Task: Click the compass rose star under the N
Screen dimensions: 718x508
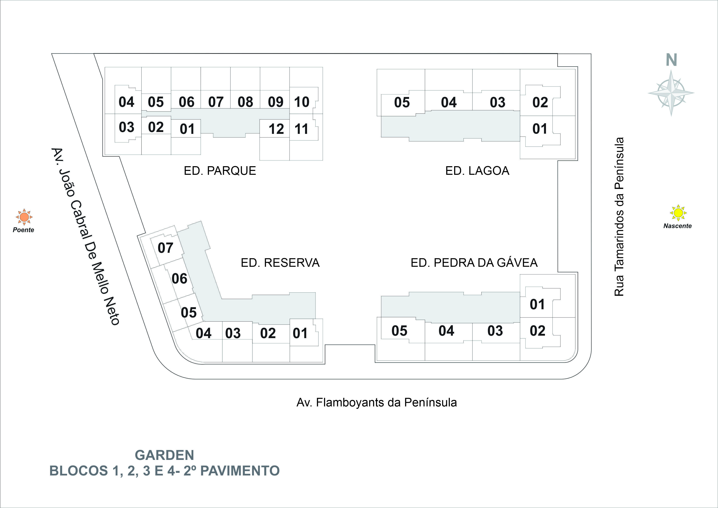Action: pos(671,93)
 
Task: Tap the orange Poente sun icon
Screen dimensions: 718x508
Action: pos(24,217)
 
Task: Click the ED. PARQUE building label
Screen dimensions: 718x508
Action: pos(220,171)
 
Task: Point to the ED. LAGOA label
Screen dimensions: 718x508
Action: pos(477,171)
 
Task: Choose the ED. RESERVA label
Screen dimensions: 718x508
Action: pos(280,263)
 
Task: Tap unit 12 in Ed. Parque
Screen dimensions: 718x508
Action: pos(276,129)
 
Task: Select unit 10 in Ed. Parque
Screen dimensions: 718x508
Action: pos(302,102)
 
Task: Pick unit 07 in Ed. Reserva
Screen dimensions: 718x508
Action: pos(165,248)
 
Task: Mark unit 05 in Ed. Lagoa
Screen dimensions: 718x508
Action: pos(402,103)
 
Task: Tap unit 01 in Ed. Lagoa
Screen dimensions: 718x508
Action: pos(540,129)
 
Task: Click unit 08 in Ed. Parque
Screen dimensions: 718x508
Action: pos(245,102)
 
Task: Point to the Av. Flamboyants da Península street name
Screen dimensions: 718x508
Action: pos(377,403)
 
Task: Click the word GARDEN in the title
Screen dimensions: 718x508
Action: pos(164,455)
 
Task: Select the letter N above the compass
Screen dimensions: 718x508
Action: pos(671,60)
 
